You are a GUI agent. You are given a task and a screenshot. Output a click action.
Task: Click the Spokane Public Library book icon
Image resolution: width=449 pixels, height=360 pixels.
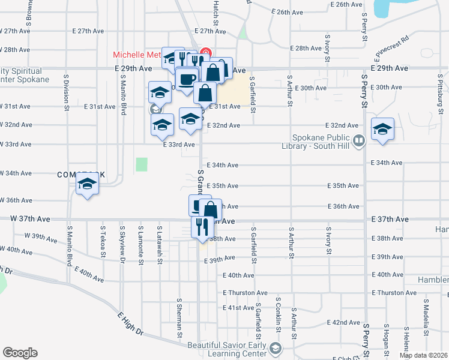point(359,140)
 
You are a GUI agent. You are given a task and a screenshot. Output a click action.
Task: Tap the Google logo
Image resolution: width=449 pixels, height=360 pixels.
point(20,353)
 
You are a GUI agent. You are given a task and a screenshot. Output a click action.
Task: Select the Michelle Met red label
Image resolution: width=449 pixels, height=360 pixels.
point(137,55)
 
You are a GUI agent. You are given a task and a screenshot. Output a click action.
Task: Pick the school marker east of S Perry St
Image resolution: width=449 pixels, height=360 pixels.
point(382,129)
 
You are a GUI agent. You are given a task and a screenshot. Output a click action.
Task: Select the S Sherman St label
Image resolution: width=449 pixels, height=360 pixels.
point(179,316)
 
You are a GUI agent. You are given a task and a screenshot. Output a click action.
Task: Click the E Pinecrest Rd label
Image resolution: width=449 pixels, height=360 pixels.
point(391,46)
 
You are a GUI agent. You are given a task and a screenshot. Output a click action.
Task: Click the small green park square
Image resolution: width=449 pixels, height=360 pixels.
point(142,164)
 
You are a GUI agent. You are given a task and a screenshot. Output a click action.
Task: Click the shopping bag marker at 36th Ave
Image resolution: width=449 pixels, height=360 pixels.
point(211,210)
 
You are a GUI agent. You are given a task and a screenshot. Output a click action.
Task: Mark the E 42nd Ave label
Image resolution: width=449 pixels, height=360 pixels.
point(345,322)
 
